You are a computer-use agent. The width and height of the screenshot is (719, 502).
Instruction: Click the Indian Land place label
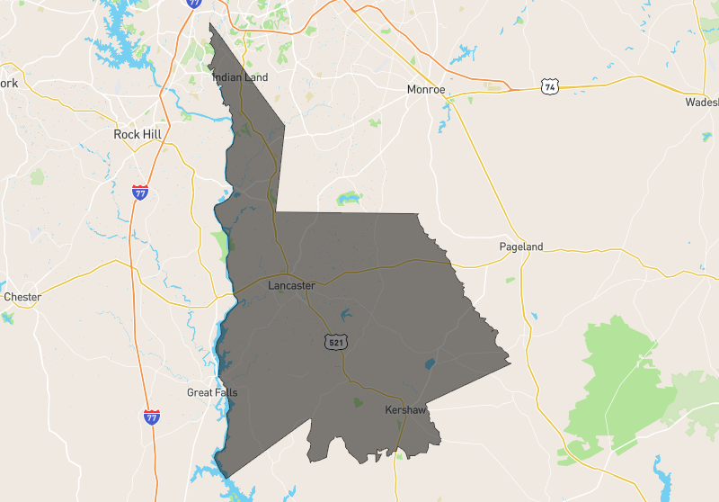point(240,77)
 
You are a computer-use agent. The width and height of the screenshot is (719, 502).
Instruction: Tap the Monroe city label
point(425,90)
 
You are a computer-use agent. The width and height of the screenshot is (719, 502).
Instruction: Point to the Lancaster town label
point(291,285)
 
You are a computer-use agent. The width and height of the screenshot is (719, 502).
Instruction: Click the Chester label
point(22,297)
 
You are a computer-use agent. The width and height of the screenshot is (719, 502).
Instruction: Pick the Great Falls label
point(212,392)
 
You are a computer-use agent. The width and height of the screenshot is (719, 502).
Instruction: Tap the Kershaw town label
point(404,409)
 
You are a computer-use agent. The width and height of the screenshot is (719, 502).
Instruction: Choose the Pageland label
point(521,247)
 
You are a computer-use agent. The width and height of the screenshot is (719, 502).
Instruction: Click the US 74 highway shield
point(550,86)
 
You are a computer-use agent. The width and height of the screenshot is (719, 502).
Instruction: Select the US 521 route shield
point(334,342)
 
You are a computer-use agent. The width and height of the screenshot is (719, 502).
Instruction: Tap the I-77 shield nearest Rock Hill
point(139,192)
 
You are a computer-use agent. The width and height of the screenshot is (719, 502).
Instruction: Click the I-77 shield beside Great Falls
point(152,417)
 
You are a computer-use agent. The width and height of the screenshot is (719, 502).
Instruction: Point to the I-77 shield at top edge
point(194,4)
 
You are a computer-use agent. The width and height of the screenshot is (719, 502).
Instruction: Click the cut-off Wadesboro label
point(702,102)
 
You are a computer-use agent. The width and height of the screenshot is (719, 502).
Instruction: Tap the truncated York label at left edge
point(9,84)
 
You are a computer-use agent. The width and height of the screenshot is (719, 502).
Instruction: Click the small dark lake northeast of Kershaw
point(429,364)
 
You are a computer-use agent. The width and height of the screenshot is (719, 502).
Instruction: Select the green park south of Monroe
point(347,198)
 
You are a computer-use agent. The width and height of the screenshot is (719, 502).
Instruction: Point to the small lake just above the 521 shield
point(345,315)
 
